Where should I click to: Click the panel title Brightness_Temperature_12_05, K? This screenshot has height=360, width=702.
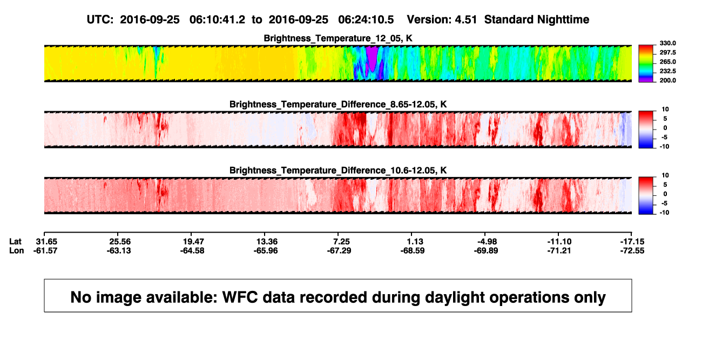[338, 38]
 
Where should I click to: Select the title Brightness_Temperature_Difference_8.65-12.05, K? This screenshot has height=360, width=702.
[338, 104]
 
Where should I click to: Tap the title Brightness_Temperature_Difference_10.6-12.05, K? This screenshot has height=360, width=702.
[338, 171]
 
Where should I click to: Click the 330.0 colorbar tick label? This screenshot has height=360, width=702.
[667, 43]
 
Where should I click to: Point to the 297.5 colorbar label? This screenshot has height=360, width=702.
[667, 53]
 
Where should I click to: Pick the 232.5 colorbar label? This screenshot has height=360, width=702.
[667, 71]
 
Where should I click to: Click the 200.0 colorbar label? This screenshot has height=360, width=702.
[667, 80]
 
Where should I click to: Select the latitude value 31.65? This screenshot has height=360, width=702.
[46, 242]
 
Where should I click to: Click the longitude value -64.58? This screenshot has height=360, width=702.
[192, 250]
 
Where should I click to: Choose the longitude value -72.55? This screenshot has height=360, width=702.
[632, 250]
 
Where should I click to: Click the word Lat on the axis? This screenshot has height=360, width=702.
[15, 242]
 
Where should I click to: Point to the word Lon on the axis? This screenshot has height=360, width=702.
[17, 250]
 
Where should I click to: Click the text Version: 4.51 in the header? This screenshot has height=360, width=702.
[442, 20]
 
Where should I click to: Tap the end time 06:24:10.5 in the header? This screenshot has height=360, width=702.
[366, 20]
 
